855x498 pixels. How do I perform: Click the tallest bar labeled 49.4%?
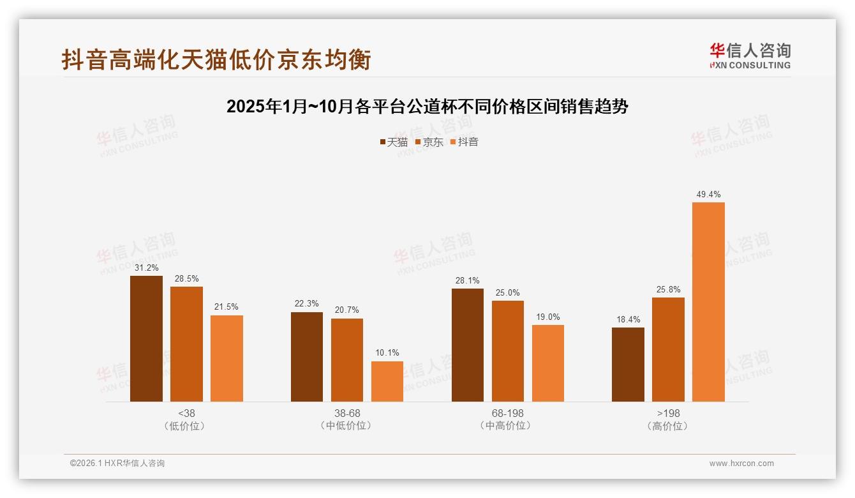708,302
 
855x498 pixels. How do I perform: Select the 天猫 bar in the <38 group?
146,338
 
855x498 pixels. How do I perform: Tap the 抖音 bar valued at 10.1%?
387,381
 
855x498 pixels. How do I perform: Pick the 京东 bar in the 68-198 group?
508,351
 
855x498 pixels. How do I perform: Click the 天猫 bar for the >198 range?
628,365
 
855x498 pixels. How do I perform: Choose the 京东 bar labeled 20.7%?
347,360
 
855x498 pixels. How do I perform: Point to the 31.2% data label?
146,268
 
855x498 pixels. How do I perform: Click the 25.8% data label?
668,290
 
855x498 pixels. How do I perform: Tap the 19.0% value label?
548,317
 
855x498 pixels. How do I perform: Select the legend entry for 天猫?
394,142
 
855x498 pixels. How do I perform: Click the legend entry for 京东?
429,142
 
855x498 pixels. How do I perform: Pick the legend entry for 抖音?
465,142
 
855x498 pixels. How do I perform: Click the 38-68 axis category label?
347,413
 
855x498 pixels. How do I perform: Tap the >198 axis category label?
668,413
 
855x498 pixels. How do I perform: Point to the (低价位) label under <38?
185,426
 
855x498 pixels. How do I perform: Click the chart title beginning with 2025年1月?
427,107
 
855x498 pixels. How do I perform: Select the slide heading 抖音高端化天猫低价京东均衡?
216,59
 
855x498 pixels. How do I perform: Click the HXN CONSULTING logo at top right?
750,56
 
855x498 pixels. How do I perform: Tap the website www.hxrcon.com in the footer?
741,464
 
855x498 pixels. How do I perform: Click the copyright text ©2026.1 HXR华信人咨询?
117,464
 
